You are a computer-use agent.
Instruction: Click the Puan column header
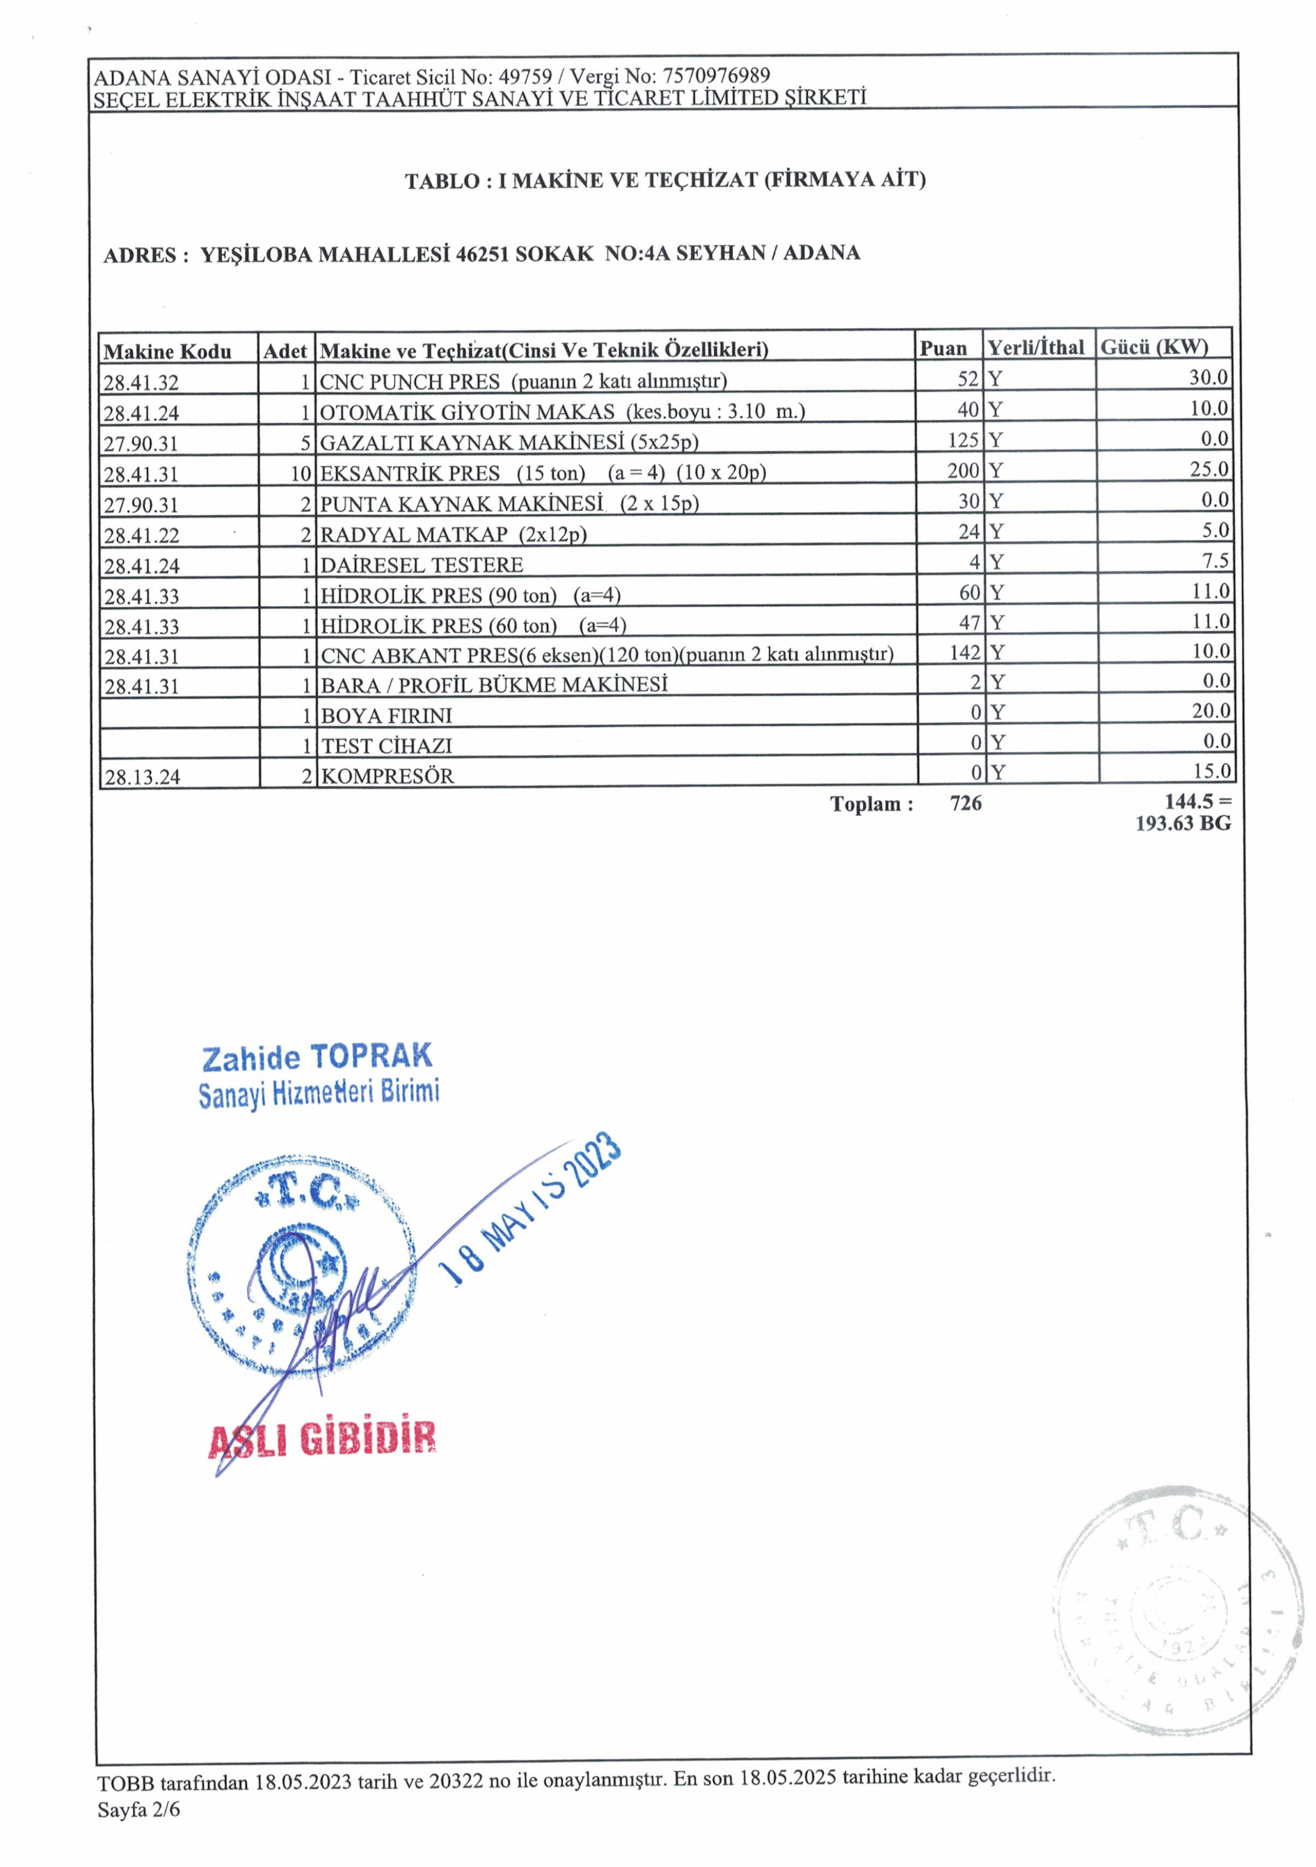click(x=943, y=349)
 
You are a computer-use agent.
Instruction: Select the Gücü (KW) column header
click(x=1154, y=347)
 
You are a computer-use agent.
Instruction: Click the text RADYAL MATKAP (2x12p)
click(x=453, y=534)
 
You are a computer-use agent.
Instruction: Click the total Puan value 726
click(x=966, y=803)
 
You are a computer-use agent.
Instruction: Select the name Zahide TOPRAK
click(x=317, y=1057)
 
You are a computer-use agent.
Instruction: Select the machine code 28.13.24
click(x=142, y=777)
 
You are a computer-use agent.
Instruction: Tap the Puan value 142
click(x=965, y=652)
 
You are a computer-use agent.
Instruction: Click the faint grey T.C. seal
click(x=1169, y=1618)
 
